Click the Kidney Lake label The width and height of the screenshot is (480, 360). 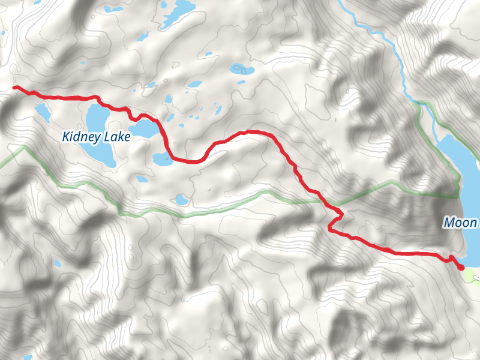tap(96, 137)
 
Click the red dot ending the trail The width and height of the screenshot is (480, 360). tap(460, 267)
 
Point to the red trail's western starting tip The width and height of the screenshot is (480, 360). tap(14, 88)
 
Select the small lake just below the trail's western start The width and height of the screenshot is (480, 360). tap(43, 111)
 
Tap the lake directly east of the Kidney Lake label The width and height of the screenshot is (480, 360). tap(145, 128)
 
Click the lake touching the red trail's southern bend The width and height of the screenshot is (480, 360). tap(163, 158)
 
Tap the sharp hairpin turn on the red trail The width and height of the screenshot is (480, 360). tap(341, 214)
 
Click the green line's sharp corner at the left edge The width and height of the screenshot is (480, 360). tap(25, 146)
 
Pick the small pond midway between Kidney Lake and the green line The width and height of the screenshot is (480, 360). tap(142, 178)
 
